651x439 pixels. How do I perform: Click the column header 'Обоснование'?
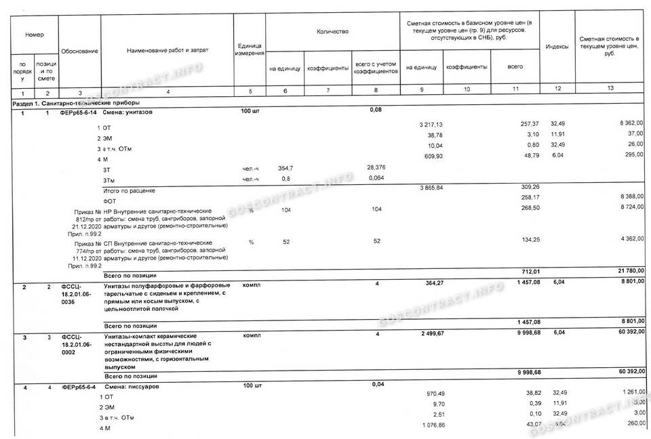click(x=80, y=51)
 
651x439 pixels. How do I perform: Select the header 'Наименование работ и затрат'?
click(x=167, y=51)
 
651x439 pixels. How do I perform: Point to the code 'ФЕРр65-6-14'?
click(x=79, y=113)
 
